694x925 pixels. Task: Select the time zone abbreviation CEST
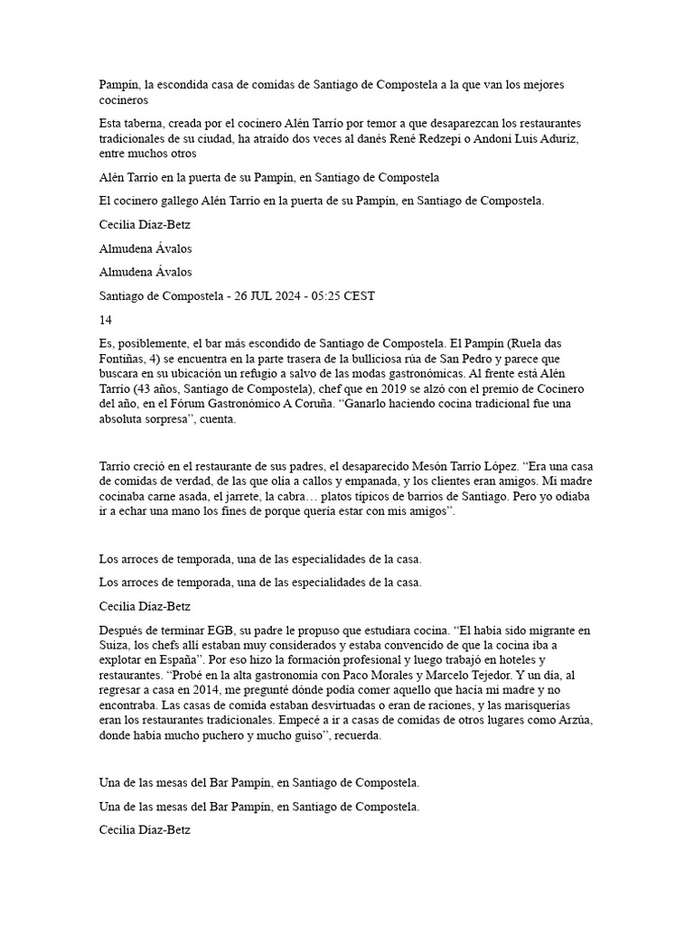pos(358,295)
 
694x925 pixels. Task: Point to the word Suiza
pos(115,644)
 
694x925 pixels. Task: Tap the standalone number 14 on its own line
pos(106,319)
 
